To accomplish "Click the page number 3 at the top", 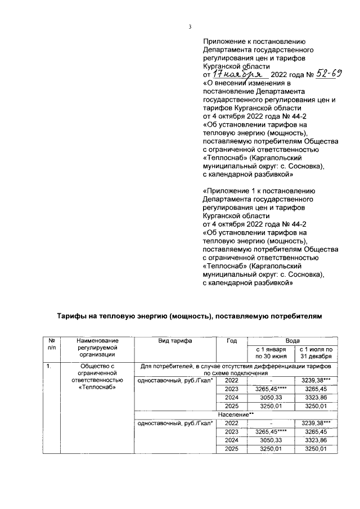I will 190,26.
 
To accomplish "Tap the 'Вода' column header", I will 292,341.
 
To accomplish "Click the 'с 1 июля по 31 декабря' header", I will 317,353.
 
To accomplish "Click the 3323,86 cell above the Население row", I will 317,397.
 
